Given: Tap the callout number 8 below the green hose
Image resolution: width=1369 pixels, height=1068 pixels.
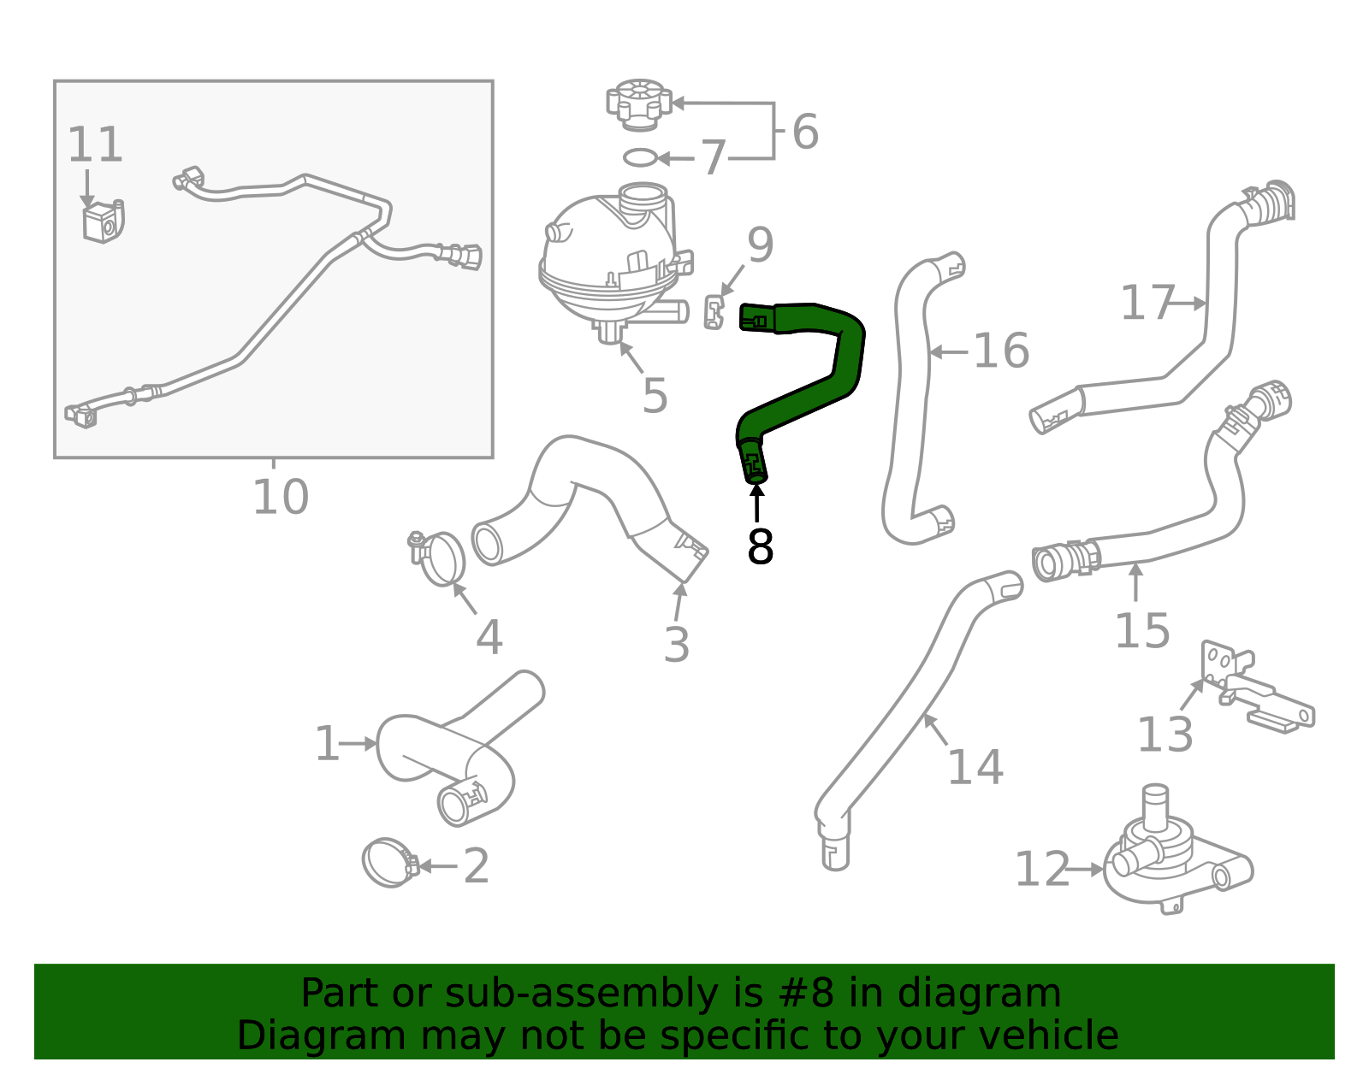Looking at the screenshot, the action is click(760, 546).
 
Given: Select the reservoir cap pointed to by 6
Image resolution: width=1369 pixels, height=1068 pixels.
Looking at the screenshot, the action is click(639, 105).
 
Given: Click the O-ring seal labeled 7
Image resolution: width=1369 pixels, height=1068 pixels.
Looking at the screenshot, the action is click(640, 157).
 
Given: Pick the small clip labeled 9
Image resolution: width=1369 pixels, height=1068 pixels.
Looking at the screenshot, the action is click(714, 311).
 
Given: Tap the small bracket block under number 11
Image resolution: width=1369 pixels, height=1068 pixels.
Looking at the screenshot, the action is click(104, 221).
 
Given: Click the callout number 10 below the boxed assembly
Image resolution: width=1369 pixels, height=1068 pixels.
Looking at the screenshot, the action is click(281, 497).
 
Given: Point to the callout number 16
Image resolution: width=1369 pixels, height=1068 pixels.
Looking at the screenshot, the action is click(1001, 351).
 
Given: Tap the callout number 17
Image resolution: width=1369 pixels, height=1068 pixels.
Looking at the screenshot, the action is click(1148, 303).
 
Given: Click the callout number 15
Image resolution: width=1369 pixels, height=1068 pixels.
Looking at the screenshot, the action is click(1142, 630).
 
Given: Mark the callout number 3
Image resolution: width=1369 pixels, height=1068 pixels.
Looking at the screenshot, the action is click(677, 645).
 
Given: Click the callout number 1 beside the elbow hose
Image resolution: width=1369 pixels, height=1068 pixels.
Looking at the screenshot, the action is click(327, 744).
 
